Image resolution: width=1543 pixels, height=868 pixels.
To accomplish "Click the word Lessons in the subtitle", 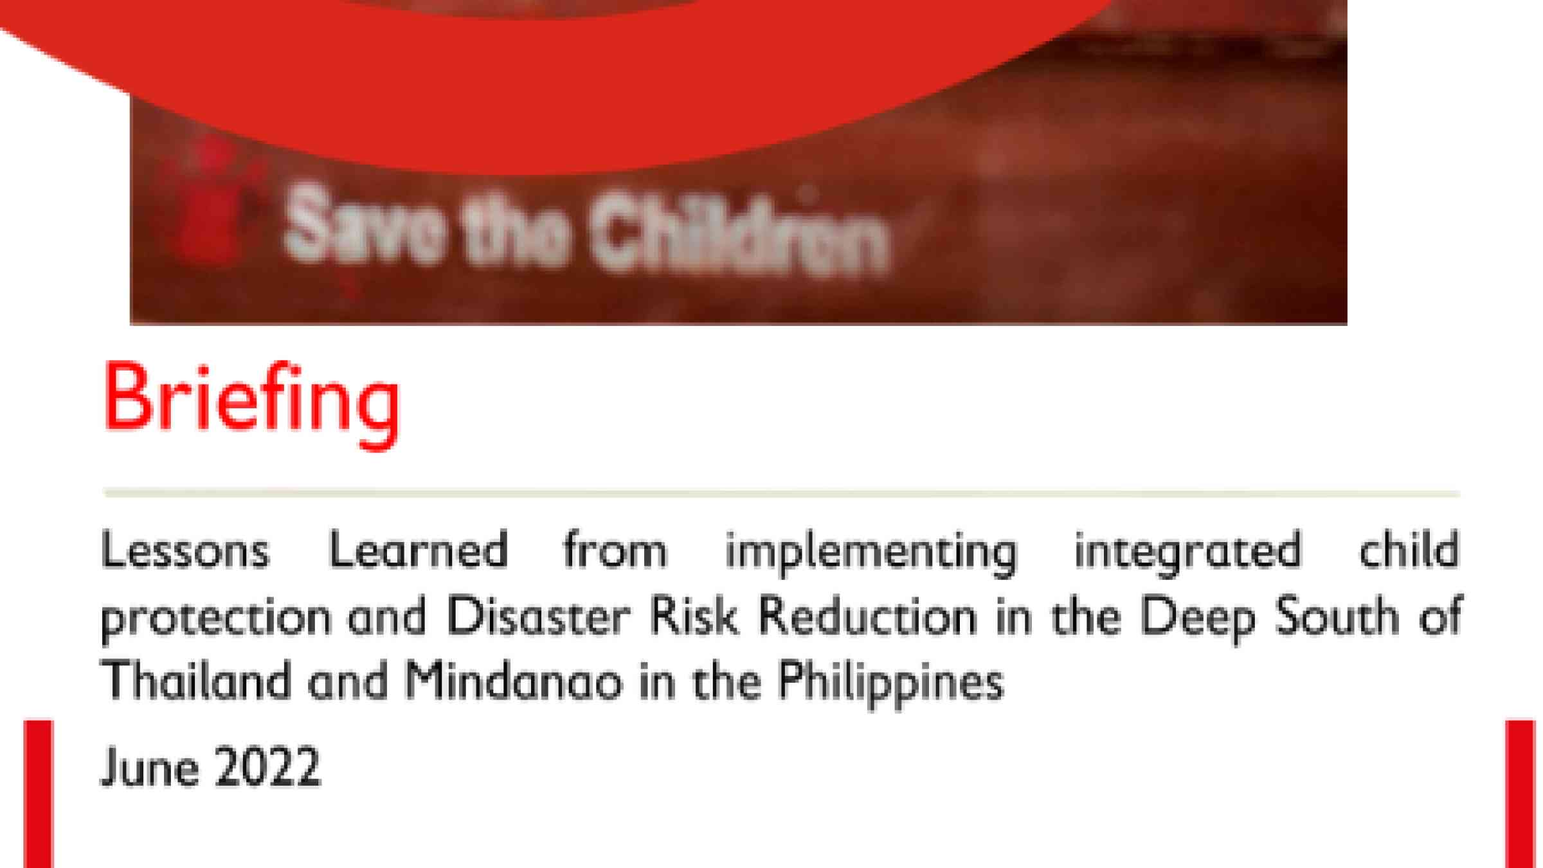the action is (185, 550).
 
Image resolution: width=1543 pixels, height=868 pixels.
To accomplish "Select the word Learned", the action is (419, 550).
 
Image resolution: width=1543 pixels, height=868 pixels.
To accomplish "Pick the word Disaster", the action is (538, 616).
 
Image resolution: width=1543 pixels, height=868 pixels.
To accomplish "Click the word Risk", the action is (694, 616).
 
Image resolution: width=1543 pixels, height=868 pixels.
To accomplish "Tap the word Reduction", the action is (868, 616).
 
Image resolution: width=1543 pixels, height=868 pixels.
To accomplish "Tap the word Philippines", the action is (891, 684).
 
